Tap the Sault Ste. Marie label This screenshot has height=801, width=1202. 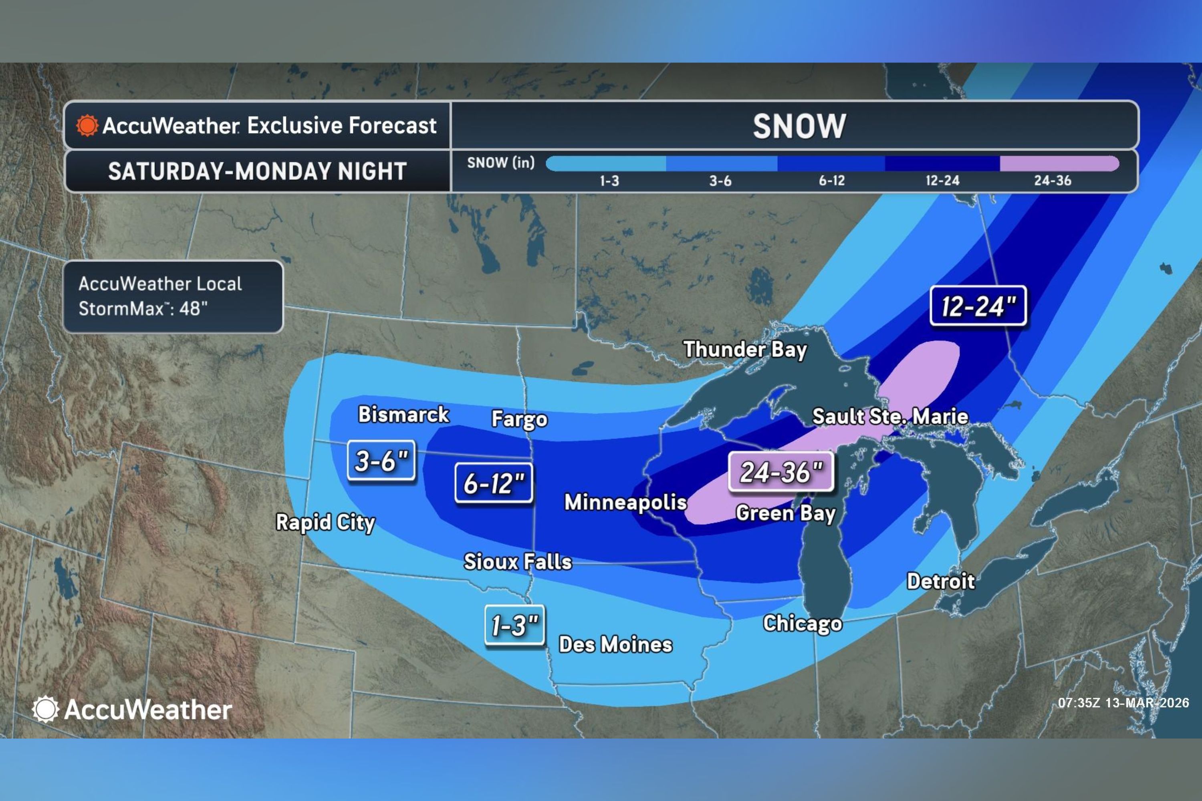coord(890,417)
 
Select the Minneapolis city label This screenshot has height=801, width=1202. coord(625,502)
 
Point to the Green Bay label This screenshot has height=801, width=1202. coord(785,513)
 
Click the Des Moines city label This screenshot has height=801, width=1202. coord(615,645)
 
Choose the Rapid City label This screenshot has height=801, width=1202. coord(325,523)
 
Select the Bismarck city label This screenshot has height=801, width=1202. coord(403,414)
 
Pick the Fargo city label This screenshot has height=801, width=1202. coord(519,419)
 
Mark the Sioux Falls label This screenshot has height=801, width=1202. coord(518,562)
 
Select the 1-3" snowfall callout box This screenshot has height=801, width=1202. coord(514,625)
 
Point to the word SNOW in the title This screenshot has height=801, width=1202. coord(799,126)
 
